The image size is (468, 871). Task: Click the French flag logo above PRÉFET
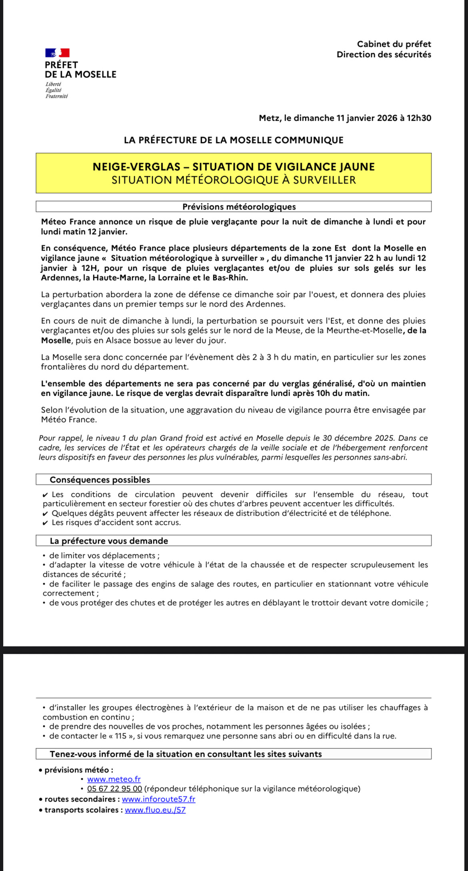pos(57,53)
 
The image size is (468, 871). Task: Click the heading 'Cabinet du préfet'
pos(394,44)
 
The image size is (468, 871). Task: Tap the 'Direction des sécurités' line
pos(384,54)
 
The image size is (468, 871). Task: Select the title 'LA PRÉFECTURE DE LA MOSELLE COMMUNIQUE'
pos(234,140)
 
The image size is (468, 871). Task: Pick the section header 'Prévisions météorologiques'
pos(239,207)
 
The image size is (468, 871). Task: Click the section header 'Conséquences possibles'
pos(100,480)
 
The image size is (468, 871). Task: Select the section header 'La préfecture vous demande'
pos(109,541)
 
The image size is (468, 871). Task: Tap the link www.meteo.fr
pos(114,779)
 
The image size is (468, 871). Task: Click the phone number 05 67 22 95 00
pos(114,789)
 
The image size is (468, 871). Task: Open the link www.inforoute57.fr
pos(158,799)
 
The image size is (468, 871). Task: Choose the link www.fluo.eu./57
pos(155,810)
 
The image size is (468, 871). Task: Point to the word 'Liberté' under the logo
pos(54,84)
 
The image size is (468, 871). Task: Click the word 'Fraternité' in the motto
pos(56,96)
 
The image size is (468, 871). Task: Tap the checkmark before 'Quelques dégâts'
pos(46,514)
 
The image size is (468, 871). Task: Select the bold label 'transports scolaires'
pos(81,810)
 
